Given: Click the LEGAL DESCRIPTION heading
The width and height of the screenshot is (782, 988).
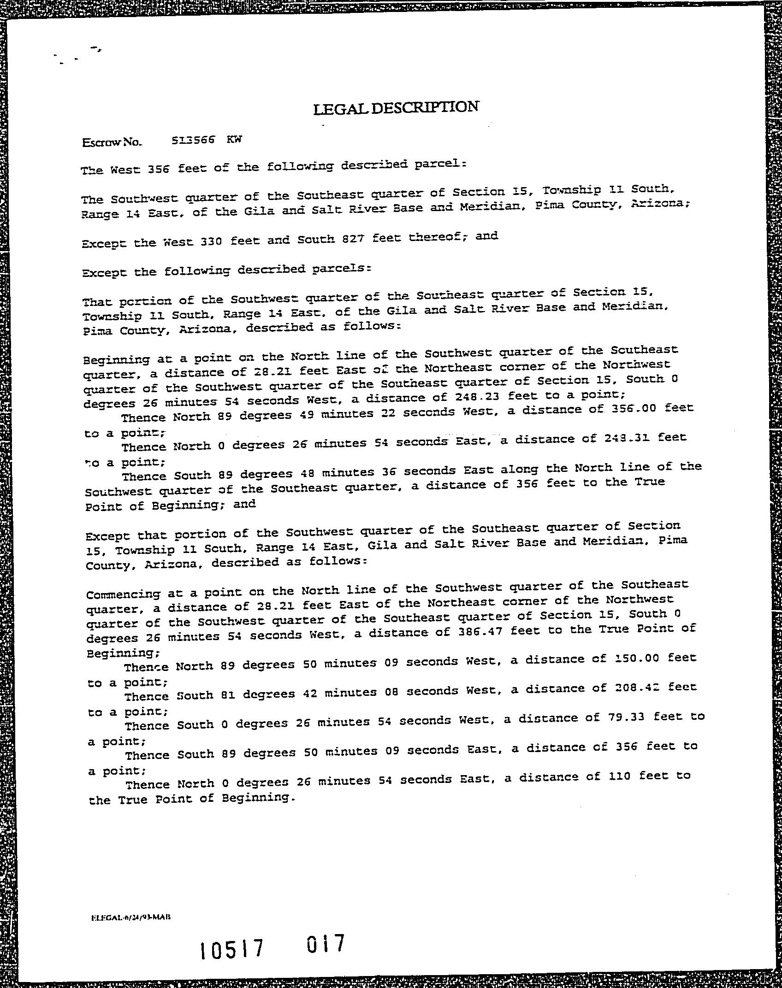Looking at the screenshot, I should [x=396, y=108].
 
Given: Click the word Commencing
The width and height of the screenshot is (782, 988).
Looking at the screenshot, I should [x=123, y=594].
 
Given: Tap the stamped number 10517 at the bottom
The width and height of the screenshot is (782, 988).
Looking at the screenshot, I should [x=232, y=949].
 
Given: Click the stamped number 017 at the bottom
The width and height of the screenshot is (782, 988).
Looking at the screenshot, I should [x=326, y=943].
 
